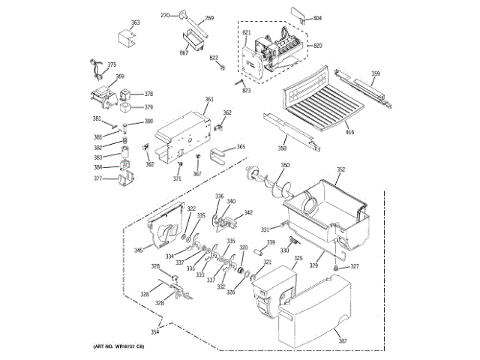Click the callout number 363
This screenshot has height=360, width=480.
135,23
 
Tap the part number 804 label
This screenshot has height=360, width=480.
317,17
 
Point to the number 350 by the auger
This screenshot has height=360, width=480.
285,165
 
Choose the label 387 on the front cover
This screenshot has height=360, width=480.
343,340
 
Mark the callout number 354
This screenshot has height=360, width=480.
154,331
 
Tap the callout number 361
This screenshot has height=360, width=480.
209,100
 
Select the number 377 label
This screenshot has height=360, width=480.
97,178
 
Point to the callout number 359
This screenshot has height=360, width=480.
376,73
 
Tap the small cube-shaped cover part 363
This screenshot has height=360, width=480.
125,37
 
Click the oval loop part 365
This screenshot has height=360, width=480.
220,155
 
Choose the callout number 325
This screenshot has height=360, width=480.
298,259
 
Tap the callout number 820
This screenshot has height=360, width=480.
317,46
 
